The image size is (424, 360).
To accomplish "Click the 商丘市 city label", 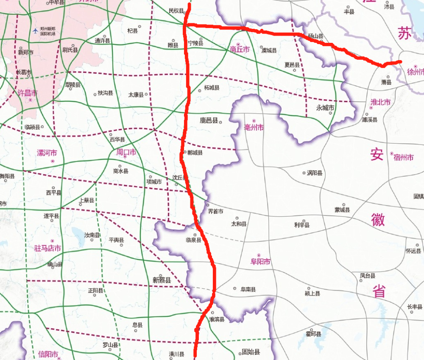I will [x=240, y=50].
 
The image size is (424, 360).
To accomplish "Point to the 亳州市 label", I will [x=254, y=127].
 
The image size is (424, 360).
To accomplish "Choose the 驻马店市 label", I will [x=47, y=248].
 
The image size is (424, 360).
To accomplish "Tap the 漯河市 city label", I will [x=47, y=153].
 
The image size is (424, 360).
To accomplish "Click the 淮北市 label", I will [x=380, y=102].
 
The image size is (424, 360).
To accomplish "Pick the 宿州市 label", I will [x=403, y=157].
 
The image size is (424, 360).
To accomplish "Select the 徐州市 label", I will [x=415, y=72].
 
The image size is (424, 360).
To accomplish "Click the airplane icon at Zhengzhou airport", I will [x=35, y=31].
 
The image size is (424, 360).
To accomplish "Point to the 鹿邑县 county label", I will [x=209, y=120].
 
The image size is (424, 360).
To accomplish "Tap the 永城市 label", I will [x=325, y=108].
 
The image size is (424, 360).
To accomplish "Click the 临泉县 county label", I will [x=193, y=240].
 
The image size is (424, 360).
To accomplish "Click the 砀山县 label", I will [x=315, y=36].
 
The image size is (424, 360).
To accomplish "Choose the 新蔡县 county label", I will [x=162, y=280].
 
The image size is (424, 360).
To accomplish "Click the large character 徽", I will [x=378, y=219].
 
